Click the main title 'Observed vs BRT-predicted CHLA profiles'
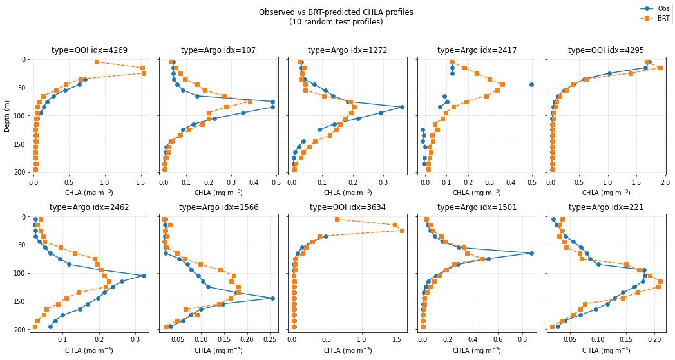pos(336,12)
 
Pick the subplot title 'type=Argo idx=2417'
pos(477,50)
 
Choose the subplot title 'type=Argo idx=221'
pos(606,207)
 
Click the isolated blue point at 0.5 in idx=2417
pos(531,84)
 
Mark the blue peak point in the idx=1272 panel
pos(402,107)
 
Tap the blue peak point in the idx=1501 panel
pos(531,253)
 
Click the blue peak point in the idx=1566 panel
pos(272,298)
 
